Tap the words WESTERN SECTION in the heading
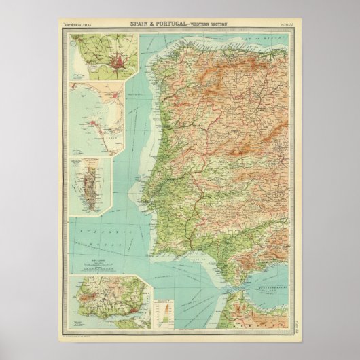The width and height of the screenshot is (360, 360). click(211, 25)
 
